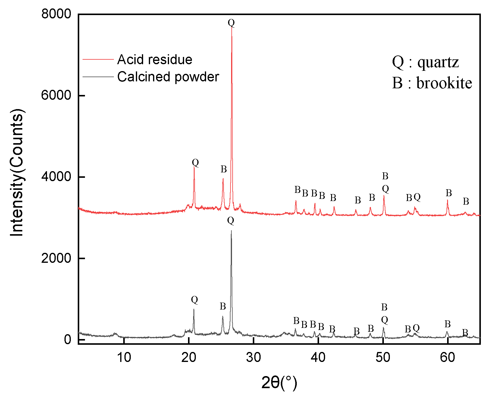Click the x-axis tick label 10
124,357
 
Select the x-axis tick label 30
253,357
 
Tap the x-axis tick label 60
447,357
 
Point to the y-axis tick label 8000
56,14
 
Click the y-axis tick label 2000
56,258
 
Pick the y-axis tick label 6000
56,95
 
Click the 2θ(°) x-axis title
279,383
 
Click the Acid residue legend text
155,60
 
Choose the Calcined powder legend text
168,77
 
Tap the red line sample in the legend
98,60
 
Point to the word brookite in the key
444,83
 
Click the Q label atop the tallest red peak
231,23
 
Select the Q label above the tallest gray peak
230,221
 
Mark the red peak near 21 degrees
194,168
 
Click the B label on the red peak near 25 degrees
223,169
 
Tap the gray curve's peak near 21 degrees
194,309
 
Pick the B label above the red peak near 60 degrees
449,193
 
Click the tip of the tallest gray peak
231,231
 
